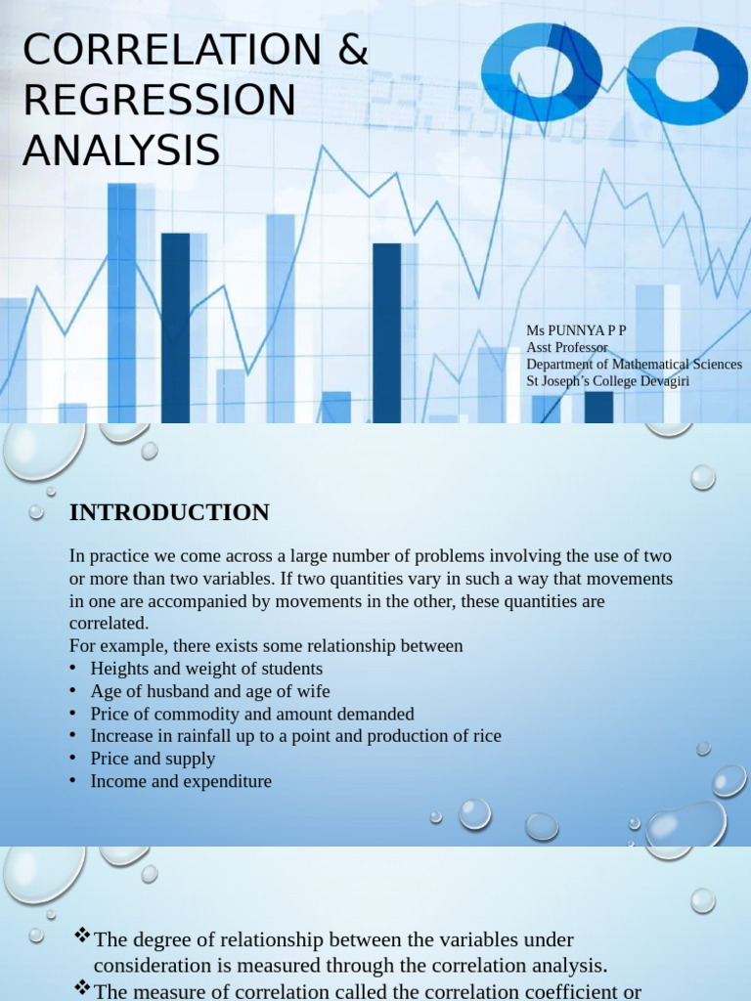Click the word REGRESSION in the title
click(158, 101)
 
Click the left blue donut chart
click(542, 72)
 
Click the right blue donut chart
click(686, 74)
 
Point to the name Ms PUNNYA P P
click(576, 330)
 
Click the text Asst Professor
click(567, 347)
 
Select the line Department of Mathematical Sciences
click(634, 364)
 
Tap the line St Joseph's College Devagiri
click(607, 380)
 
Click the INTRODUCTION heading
click(169, 512)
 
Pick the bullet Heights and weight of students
click(206, 669)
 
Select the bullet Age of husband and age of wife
click(210, 691)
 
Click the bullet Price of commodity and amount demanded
click(252, 714)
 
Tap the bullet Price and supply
click(153, 759)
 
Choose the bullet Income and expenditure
click(181, 781)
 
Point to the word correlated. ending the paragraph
click(110, 623)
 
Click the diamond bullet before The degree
click(82, 937)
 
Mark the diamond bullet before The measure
click(82, 989)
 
